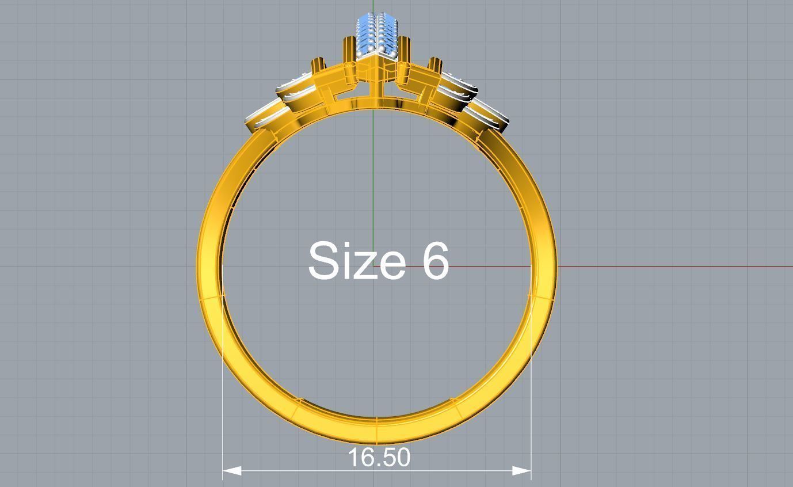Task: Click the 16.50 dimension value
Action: [x=379, y=458]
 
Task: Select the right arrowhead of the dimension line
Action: [x=522, y=471]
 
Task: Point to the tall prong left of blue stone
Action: [x=349, y=49]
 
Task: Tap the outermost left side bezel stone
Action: [x=262, y=117]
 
